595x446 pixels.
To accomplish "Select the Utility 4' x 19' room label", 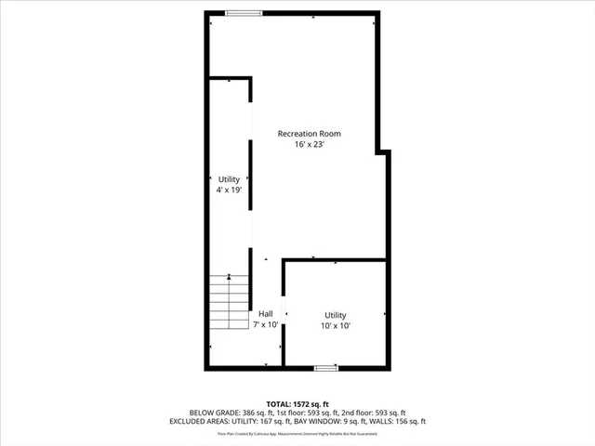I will click(229, 178).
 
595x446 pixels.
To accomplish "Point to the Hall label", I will click(267, 314).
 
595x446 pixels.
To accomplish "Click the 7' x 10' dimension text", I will click(267, 325).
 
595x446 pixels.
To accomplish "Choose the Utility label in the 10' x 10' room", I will click(336, 315).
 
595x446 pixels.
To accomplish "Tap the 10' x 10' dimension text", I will click(336, 326).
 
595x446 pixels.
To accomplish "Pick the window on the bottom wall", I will click(325, 369).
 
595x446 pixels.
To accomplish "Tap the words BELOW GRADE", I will click(215, 413).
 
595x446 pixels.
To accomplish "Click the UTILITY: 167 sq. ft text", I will click(271, 422).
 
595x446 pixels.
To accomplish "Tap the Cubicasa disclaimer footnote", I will click(297, 433).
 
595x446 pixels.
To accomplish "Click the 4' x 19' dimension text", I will click(229, 189).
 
